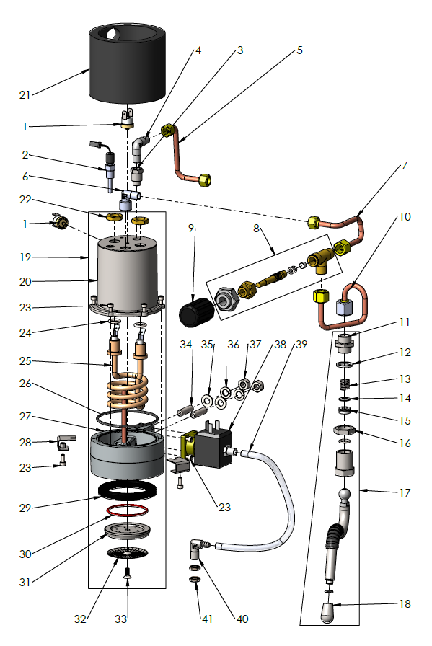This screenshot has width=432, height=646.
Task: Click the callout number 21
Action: (25, 95)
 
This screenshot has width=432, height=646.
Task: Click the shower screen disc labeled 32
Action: (127, 554)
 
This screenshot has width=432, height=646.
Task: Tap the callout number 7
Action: (405, 166)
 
